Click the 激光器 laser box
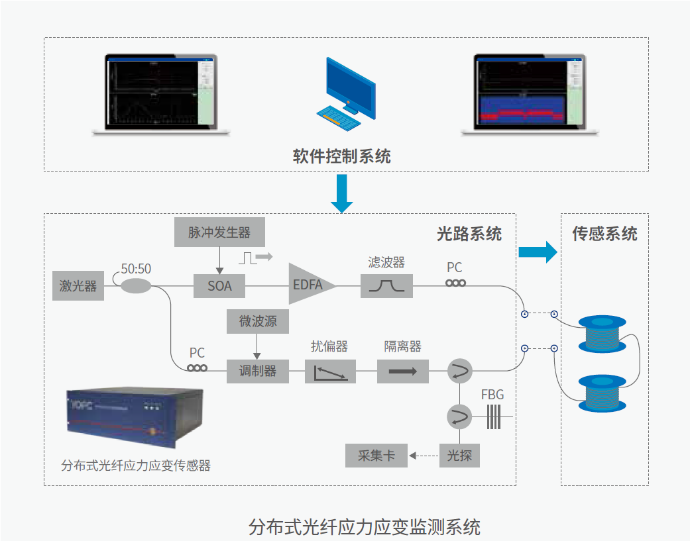click(78, 287)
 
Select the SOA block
click(219, 287)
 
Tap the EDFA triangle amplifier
click(309, 285)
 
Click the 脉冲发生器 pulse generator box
click(219, 232)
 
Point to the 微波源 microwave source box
click(258, 322)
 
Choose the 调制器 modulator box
click(258, 371)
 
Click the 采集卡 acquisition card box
click(376, 456)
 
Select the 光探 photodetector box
click(459, 456)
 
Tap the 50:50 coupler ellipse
click(136, 285)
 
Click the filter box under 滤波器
click(386, 286)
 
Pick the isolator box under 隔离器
click(403, 371)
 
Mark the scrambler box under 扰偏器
click(330, 371)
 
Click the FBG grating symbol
click(493, 417)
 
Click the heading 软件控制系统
click(342, 157)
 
